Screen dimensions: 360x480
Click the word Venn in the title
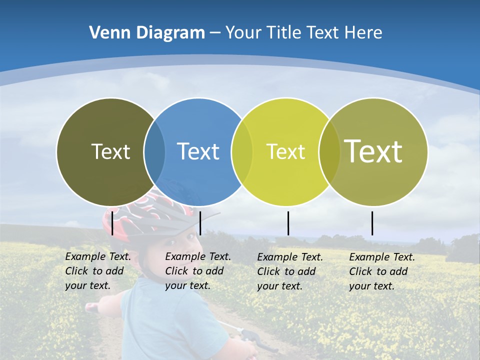108,33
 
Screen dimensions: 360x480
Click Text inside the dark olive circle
110,151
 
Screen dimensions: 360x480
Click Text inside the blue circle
198,151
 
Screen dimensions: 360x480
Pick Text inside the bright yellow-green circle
285,151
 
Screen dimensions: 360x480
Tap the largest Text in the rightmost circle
373,151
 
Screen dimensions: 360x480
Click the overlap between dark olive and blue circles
154,151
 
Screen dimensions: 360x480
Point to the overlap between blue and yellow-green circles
242,151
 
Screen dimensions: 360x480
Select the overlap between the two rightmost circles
328,151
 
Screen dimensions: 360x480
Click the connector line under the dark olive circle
112,223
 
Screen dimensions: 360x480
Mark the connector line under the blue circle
200,223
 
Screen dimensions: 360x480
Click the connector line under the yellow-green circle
288,223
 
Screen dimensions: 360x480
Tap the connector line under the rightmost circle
372,223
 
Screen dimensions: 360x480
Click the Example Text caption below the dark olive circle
98,271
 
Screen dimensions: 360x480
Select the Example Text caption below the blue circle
198,271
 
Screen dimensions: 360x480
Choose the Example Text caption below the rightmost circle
382,271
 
